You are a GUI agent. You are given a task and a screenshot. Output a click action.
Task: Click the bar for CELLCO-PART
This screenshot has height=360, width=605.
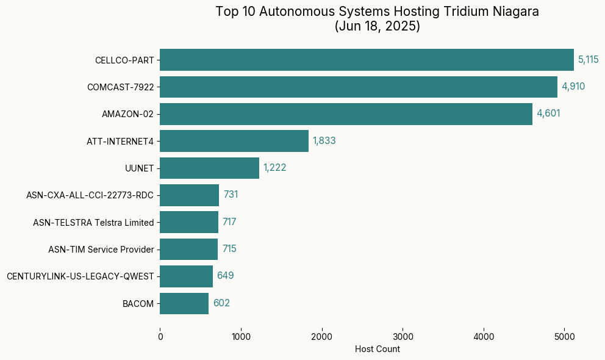point(367,60)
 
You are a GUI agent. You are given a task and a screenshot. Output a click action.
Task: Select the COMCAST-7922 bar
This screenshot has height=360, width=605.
point(359,87)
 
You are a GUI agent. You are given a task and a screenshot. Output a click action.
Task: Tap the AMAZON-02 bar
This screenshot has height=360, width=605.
point(346,114)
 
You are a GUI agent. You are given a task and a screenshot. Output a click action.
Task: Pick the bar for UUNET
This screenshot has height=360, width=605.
point(209,168)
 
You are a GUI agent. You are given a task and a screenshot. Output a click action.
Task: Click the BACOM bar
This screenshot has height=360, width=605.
point(184,303)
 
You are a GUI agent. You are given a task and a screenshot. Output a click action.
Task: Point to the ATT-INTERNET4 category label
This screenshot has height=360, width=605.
point(120,142)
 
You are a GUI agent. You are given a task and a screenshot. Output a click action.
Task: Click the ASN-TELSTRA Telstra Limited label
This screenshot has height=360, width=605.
point(93,223)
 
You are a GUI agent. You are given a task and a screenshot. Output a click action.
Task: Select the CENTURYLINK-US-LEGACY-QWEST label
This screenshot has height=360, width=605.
point(80,276)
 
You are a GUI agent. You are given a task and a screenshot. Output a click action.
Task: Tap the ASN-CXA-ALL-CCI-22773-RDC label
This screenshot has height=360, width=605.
point(90,195)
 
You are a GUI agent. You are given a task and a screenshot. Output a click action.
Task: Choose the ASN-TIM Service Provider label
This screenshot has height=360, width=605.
point(101,250)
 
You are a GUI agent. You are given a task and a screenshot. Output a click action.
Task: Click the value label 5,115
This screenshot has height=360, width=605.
point(589,60)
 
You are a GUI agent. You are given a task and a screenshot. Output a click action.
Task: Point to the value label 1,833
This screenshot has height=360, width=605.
point(324,141)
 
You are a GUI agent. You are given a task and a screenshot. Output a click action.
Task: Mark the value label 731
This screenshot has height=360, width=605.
point(231,195)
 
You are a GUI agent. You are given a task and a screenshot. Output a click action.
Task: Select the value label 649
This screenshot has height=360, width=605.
point(225,276)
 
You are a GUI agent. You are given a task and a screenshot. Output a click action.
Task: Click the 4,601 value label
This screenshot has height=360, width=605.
point(548,113)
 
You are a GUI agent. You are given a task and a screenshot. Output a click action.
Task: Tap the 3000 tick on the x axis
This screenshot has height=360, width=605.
point(403,336)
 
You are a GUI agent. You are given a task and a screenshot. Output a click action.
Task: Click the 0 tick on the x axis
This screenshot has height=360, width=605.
point(160,336)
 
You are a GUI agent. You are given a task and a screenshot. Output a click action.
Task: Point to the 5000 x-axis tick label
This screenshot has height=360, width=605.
point(564,336)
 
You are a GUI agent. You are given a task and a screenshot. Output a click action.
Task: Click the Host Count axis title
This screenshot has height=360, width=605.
point(377,349)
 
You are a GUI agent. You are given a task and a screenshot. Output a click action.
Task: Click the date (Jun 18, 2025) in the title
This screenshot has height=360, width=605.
point(377,27)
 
